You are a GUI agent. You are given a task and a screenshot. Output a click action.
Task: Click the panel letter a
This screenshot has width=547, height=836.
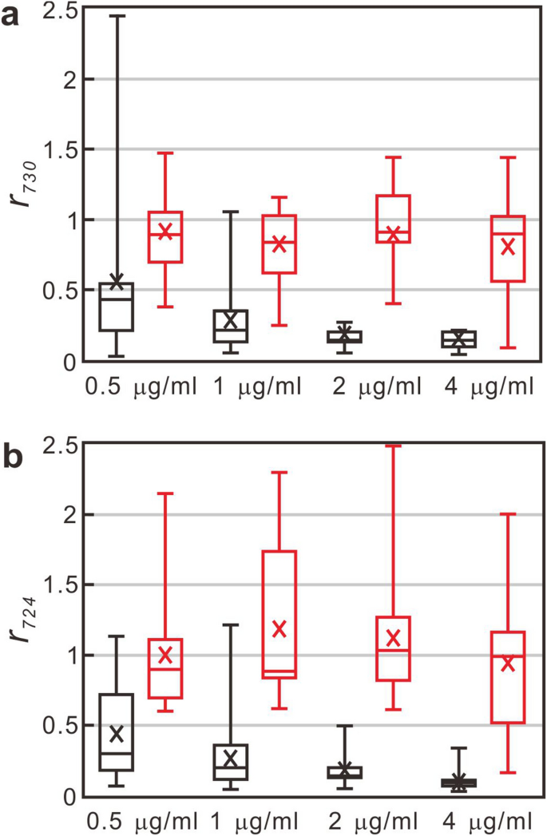[x=11, y=16]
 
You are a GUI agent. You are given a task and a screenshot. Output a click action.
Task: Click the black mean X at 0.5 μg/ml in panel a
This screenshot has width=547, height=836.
[x=117, y=282]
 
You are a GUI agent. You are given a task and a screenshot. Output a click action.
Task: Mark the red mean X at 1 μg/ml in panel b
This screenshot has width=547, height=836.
[x=279, y=629]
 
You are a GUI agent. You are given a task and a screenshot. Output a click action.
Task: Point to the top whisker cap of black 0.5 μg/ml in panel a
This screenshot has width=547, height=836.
[x=117, y=15]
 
